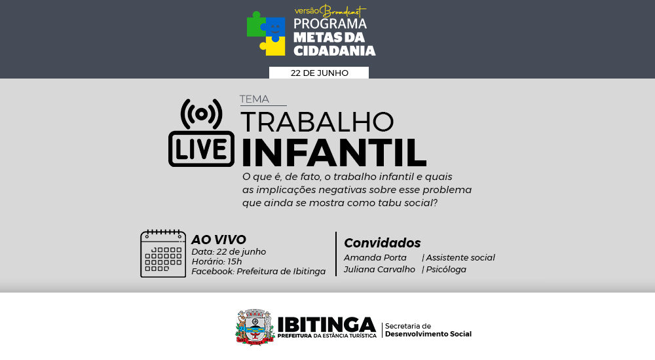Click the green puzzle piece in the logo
255,26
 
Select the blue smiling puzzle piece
275,28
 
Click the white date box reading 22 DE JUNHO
319,73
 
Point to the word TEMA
254,99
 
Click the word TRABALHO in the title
317,122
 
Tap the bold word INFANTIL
334,153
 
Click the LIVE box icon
201,149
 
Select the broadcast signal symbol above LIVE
201,114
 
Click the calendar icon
163,253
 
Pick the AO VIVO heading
219,240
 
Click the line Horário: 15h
217,261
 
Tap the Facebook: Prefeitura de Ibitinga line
259,272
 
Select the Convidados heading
383,243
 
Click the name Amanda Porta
375,258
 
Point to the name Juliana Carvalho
379,270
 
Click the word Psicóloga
446,270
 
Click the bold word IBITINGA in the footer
327,324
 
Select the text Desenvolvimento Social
428,334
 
